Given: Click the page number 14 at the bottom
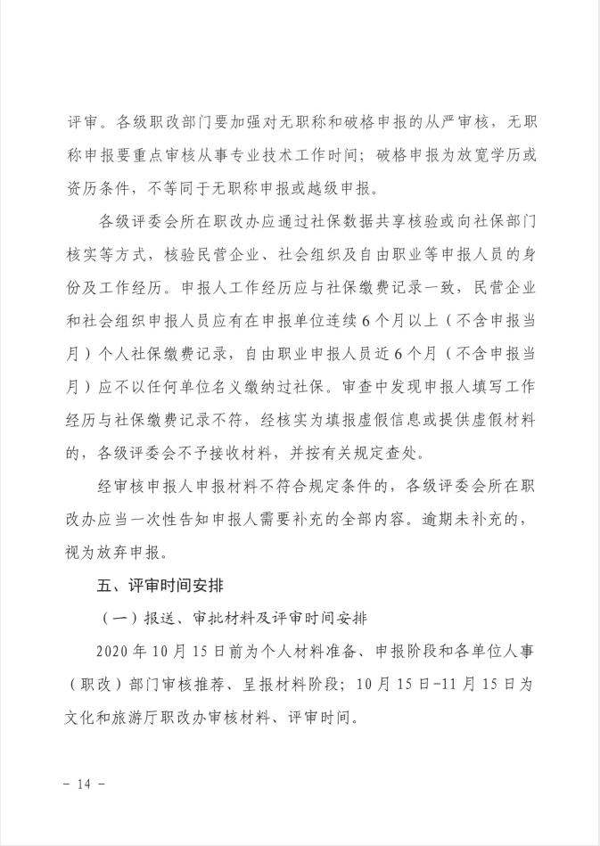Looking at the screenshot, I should [85, 784].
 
